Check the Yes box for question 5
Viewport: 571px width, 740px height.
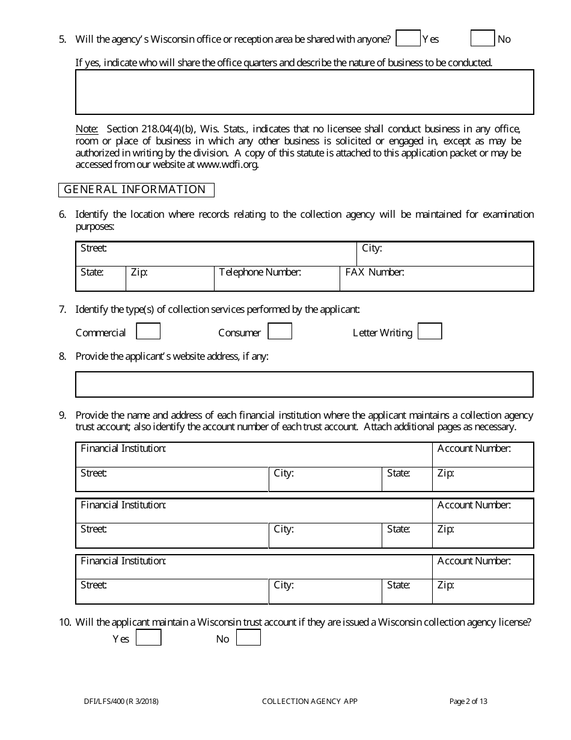(408, 39)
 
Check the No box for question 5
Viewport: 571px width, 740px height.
(482, 39)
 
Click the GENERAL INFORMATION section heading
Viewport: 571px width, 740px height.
(135, 190)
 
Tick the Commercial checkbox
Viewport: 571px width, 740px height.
(148, 331)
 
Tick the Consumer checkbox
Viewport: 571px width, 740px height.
(279, 331)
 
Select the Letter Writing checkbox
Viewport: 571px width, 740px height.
(430, 331)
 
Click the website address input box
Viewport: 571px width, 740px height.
(304, 384)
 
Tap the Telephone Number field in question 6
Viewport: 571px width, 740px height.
(276, 279)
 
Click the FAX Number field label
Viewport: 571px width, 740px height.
(374, 273)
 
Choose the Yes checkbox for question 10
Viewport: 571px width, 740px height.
(148, 638)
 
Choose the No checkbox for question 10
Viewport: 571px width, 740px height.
(248, 638)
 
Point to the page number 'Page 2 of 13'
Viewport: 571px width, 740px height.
(468, 701)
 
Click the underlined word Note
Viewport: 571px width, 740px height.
(87, 129)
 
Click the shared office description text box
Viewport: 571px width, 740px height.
(304, 92)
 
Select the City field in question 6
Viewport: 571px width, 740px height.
(445, 254)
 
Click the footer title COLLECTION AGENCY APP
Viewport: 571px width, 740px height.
(310, 701)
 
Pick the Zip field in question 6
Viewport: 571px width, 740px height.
(169, 279)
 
